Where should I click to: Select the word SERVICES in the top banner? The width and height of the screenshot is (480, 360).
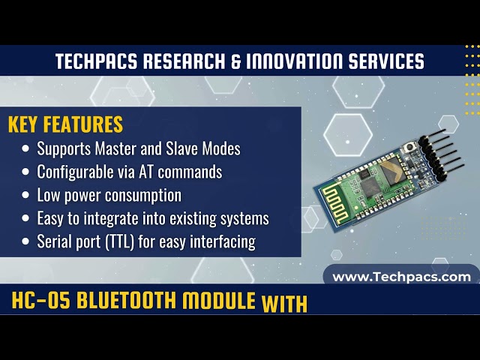click(387, 61)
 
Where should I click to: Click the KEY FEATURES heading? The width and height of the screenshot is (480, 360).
click(65, 124)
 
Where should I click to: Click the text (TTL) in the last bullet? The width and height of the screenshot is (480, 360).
click(115, 242)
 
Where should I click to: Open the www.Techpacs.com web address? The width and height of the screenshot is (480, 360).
click(401, 277)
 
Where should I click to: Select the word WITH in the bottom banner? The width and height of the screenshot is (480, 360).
click(284, 304)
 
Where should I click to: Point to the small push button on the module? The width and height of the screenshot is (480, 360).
click(411, 148)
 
